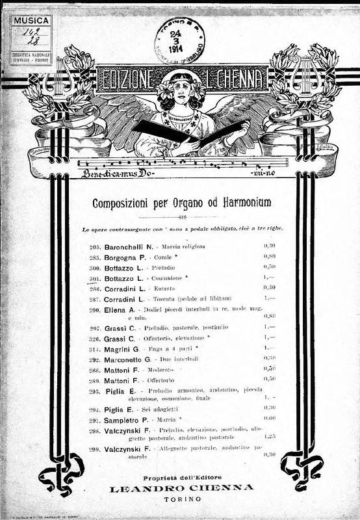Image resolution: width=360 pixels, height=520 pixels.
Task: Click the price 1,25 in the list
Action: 270,436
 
